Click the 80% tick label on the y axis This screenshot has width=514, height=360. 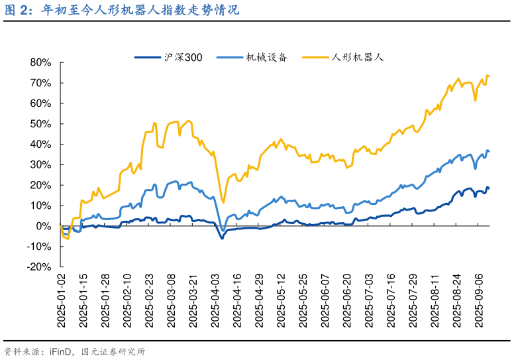click(40, 62)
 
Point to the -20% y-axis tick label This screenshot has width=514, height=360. click(38, 267)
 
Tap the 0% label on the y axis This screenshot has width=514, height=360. click(43, 226)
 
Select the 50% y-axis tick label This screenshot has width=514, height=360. click(40, 124)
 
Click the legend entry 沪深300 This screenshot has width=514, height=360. click(183, 58)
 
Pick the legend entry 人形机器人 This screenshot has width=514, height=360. click(357, 58)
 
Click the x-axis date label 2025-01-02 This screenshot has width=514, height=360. click(61, 299)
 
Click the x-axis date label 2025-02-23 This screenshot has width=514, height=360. click(149, 299)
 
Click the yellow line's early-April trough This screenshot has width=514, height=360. click(223, 203)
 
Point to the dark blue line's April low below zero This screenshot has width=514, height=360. click(222, 238)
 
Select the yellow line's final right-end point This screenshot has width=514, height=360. click(488, 76)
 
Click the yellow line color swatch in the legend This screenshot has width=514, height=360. click(316, 58)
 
